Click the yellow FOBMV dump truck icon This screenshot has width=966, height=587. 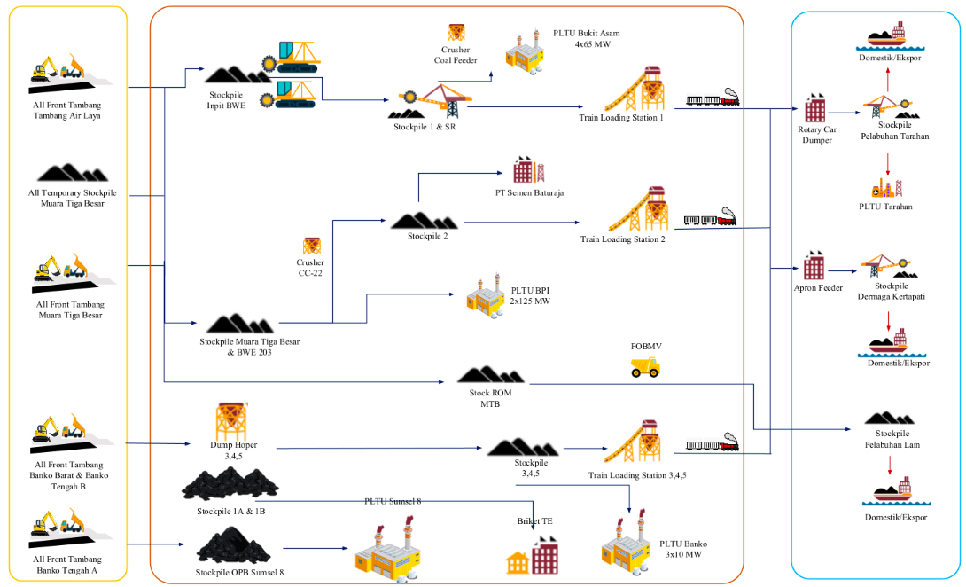(645, 367)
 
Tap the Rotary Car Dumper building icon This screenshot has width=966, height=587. (814, 108)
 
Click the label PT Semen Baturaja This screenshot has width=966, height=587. (530, 192)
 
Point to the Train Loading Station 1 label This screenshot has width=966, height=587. (625, 119)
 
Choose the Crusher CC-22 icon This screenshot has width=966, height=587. (311, 246)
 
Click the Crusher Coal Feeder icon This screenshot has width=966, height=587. (456, 32)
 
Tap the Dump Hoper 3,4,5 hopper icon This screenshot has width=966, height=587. (232, 421)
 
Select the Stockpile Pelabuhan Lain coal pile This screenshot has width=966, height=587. (889, 417)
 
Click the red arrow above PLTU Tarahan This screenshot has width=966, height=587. (888, 162)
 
